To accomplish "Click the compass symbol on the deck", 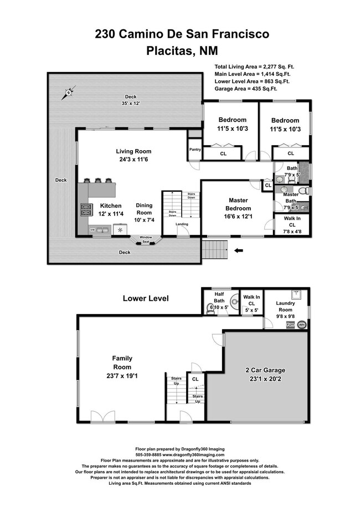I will (69, 93).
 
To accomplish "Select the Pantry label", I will (194, 149).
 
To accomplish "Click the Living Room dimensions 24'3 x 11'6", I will (133, 160).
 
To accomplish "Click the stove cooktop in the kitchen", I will (87, 209).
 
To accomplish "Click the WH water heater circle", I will (301, 325).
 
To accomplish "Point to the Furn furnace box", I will (290, 325).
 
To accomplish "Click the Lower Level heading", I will (146, 299).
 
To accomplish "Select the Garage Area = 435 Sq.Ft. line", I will (245, 88).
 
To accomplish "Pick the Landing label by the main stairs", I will (182, 224).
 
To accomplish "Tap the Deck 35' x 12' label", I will (130, 100).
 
